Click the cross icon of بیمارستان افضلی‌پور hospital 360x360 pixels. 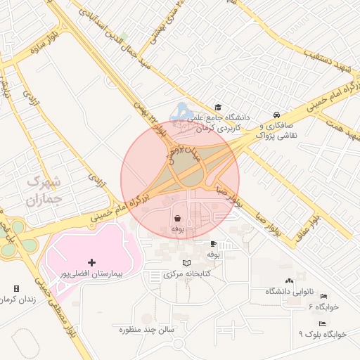point(91,262)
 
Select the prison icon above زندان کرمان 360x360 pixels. point(16,288)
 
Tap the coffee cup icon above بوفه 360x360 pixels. point(212,244)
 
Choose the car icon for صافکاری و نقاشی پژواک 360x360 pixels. point(276,115)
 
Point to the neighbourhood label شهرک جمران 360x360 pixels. point(44,190)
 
